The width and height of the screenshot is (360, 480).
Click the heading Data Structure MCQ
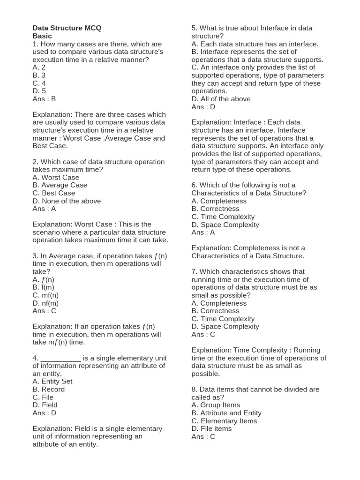pyautogui.click(x=67, y=28)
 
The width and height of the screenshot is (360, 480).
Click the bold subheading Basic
pyautogui.click(x=42, y=36)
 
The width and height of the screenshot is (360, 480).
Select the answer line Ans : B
pyautogui.click(x=44, y=99)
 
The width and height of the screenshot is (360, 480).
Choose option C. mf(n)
pyautogui.click(x=45, y=295)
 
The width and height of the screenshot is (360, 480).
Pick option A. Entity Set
pyautogui.click(x=52, y=381)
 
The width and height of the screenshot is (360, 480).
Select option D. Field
pyautogui.click(x=45, y=405)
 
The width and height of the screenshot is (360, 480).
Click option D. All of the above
pyautogui.click(x=221, y=99)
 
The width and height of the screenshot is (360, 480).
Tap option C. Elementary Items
pyautogui.click(x=224, y=421)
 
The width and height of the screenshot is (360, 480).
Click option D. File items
pyautogui.click(x=211, y=428)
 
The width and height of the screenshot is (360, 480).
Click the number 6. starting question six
pyautogui.click(x=195, y=185)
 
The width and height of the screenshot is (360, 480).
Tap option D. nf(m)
pyautogui.click(x=45, y=303)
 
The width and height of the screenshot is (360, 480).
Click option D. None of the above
pyautogui.click(x=67, y=201)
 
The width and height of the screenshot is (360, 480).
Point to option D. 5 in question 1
pyautogui.click(x=39, y=91)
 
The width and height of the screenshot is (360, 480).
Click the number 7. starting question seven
pyautogui.click(x=195, y=271)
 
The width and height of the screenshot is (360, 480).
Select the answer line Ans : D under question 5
pyautogui.click(x=203, y=107)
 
